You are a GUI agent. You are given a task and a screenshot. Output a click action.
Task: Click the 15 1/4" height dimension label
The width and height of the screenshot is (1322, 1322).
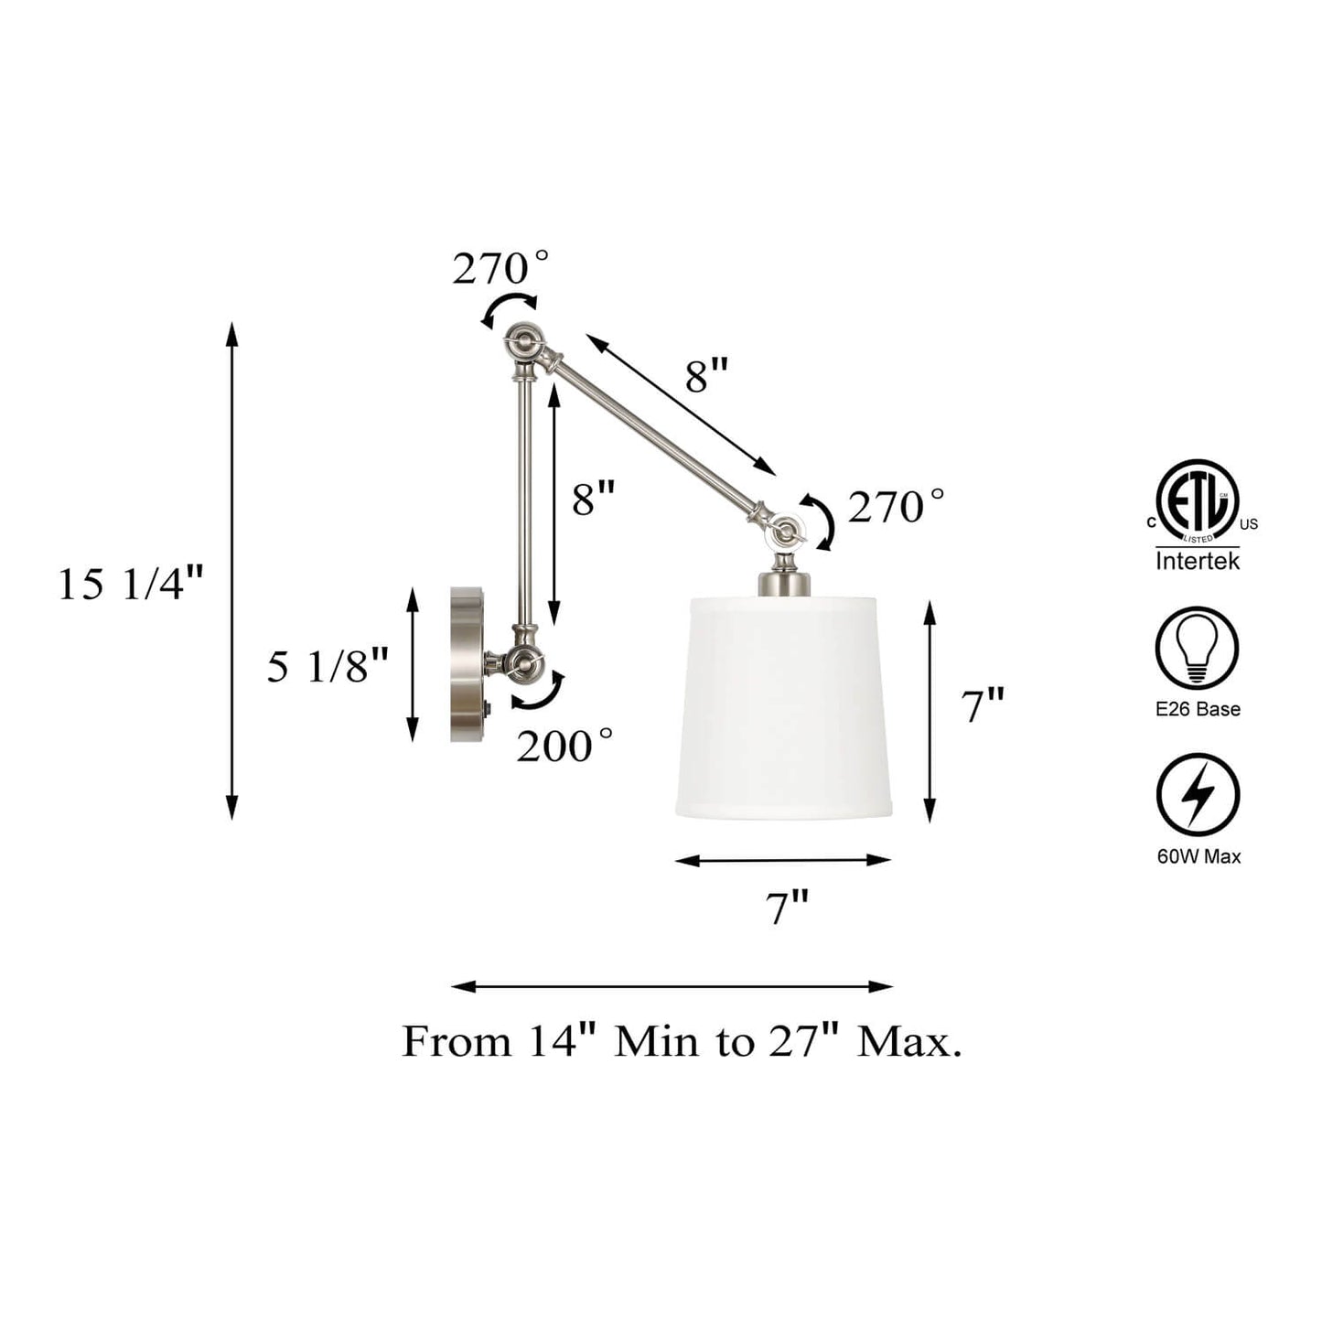pyautogui.click(x=130, y=586)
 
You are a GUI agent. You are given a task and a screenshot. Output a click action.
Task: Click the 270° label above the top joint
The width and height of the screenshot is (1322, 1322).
pyautogui.click(x=500, y=267)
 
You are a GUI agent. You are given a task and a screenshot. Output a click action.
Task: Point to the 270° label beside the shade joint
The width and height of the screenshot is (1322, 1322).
pyautogui.click(x=896, y=508)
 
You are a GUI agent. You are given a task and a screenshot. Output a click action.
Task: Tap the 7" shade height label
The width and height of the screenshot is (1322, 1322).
pyautogui.click(x=983, y=705)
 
